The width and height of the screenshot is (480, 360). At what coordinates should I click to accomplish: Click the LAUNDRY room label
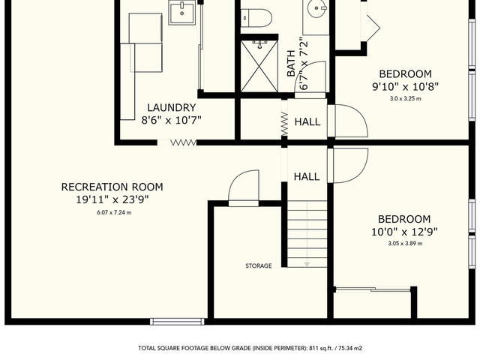(172, 108)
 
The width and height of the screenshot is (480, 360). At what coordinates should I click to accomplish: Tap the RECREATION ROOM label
(112, 187)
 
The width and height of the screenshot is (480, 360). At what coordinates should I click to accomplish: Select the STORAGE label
(259, 265)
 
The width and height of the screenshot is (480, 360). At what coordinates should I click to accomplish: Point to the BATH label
(291, 63)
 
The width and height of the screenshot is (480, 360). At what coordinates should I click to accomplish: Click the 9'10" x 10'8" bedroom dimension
(405, 87)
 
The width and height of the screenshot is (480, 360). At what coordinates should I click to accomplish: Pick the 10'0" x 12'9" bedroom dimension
(404, 232)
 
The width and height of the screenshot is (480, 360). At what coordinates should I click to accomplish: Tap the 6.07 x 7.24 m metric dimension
(114, 212)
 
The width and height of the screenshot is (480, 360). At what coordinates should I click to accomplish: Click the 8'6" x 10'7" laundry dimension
(172, 120)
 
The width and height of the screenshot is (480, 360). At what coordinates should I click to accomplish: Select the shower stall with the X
(259, 66)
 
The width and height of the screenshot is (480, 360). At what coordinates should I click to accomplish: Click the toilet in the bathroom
(256, 18)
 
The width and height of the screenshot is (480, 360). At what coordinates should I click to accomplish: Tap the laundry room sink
(181, 12)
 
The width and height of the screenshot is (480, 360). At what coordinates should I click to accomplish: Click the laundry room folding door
(183, 142)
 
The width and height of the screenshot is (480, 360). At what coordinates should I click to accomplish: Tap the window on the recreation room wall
(177, 322)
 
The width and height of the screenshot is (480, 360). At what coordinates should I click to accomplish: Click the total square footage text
(250, 348)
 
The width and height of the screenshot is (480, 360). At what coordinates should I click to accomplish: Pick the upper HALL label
(307, 121)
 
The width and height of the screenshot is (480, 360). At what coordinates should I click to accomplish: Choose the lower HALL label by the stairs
(307, 176)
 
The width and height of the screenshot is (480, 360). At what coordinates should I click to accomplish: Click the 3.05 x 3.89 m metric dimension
(405, 244)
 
